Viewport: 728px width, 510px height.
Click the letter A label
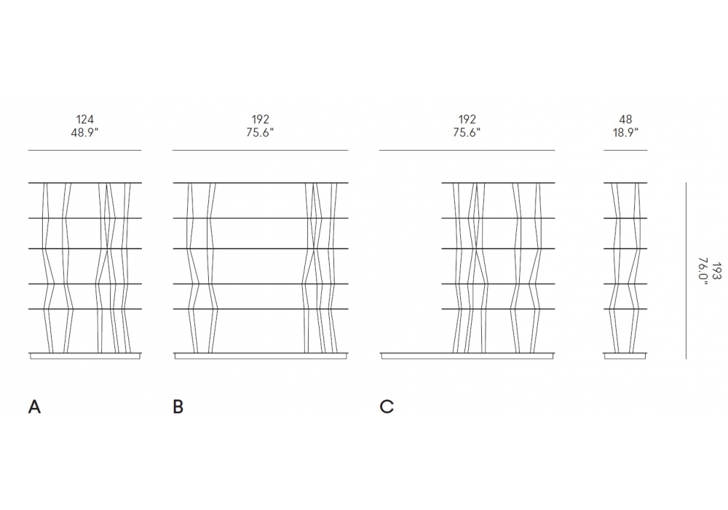coord(34,407)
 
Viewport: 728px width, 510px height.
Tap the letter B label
coord(178,407)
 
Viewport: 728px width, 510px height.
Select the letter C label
coord(387,407)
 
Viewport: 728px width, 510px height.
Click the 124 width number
coord(85,119)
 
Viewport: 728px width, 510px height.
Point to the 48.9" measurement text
coord(85,133)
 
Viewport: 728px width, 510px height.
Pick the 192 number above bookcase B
coord(260,119)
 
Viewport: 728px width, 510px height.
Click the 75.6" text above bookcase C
coord(467,133)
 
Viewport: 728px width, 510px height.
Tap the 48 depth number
coord(625,119)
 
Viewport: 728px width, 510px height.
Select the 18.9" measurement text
coord(625,133)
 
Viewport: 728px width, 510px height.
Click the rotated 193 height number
coord(717,270)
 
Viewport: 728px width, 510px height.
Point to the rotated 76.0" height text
coord(703,270)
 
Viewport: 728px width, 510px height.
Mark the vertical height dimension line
coord(687,270)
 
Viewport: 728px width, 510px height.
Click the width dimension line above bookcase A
coord(85,150)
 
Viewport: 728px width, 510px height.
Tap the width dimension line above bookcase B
coord(260,150)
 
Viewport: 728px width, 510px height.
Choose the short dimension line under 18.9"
coord(625,150)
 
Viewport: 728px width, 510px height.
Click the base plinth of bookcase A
coord(85,356)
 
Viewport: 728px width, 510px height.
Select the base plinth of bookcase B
coord(260,356)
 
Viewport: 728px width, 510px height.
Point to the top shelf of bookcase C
coord(498,182)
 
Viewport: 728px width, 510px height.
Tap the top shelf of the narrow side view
coord(625,182)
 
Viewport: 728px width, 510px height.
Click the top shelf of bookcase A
coord(85,182)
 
